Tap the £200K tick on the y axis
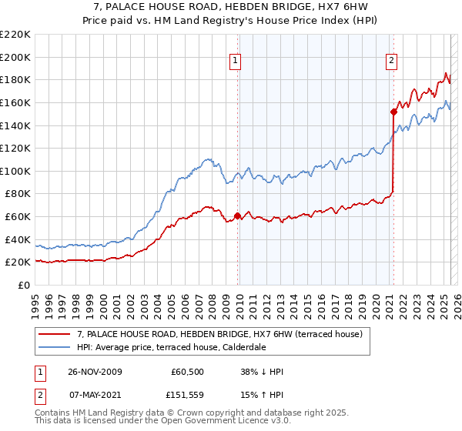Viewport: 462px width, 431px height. coord(15,57)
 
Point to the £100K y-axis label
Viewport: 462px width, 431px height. coord(15,171)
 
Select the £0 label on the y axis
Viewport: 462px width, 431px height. coord(25,285)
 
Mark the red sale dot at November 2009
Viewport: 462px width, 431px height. coord(237,215)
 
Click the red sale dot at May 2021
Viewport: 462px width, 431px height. coord(393,112)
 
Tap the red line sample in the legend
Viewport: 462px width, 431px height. coord(55,334)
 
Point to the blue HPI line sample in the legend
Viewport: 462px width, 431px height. coord(55,347)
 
